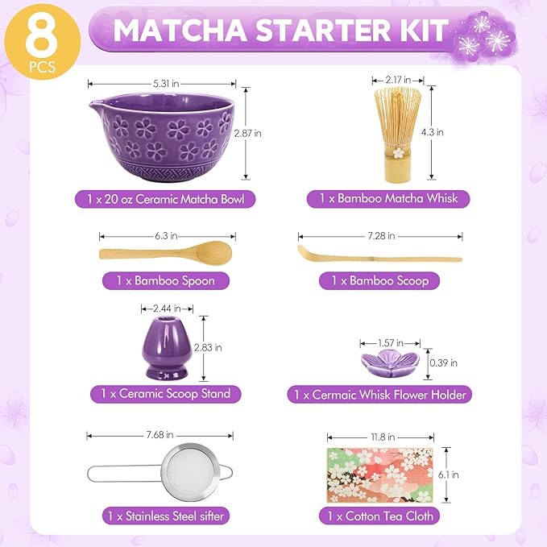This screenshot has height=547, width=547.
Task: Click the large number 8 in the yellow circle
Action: coord(42,38)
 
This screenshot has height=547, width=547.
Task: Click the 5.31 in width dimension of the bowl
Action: coord(166,84)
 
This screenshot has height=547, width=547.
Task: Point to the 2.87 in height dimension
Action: coord(247,133)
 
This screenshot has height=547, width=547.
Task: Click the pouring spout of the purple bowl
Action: coord(95,104)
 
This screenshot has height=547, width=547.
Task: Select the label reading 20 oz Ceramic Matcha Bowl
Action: coord(165,199)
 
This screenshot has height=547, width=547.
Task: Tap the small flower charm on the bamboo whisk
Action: coord(399,152)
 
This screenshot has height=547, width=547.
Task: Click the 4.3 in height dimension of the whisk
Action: coord(433,132)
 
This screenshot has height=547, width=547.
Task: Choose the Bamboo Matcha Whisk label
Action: coord(388,199)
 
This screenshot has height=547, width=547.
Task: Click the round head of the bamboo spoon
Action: coord(213,251)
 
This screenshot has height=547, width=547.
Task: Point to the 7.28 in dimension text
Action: coord(381,236)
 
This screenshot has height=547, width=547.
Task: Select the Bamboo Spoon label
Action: coord(166,281)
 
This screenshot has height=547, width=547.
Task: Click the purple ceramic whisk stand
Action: coord(167,348)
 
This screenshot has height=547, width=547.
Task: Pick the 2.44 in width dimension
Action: coord(167,309)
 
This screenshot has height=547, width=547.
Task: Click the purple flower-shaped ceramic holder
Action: coord(390,363)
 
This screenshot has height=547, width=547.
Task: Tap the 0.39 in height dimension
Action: coord(443,363)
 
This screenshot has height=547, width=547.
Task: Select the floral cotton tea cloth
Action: coord(380,475)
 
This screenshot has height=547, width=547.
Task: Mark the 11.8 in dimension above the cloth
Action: coord(383,437)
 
